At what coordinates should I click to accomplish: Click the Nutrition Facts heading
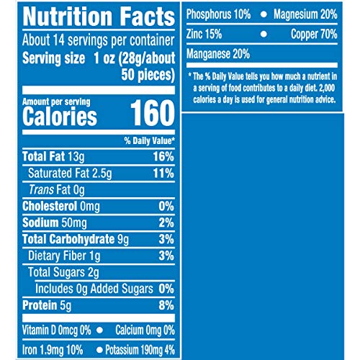click(x=89, y=17)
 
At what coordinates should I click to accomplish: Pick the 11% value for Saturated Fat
click(x=163, y=174)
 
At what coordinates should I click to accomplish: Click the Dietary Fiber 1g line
click(x=63, y=256)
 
